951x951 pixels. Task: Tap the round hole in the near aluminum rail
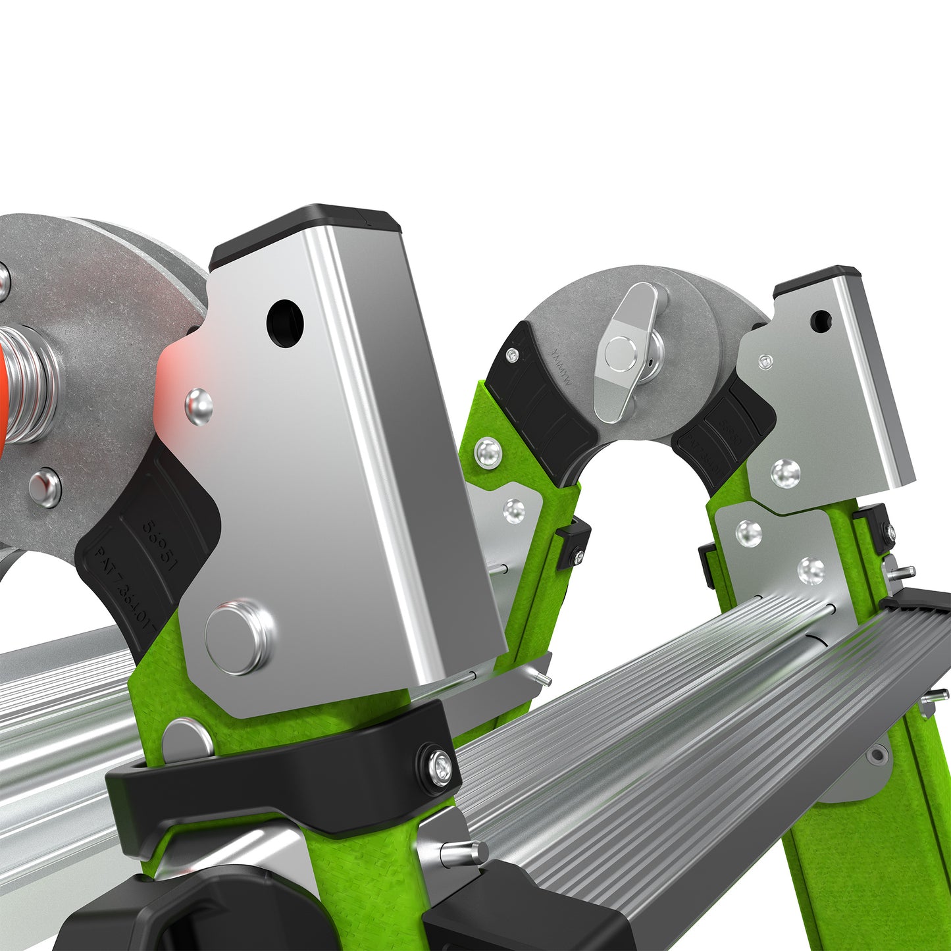point(285,323)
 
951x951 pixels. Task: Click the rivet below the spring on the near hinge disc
point(45,488)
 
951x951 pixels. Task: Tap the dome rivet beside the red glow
point(198,406)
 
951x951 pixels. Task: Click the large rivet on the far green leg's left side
point(488,453)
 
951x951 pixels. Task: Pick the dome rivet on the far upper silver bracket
point(785,473)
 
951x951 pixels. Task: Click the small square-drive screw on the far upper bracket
point(765,361)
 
